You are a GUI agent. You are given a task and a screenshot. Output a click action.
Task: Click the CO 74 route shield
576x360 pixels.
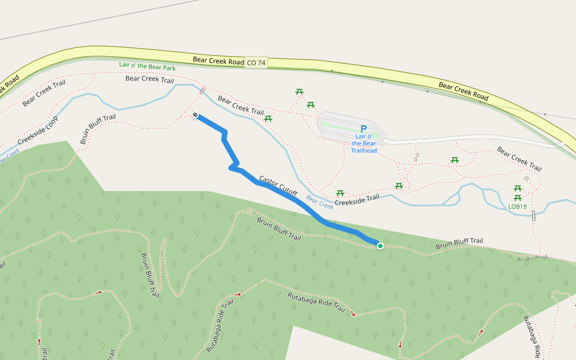click(256, 62)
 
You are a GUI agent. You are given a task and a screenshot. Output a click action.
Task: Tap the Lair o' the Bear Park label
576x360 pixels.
click(147, 67)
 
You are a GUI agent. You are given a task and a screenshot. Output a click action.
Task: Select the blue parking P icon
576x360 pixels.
click(363, 129)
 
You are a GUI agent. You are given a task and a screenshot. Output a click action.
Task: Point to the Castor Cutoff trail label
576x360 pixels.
click(278, 187)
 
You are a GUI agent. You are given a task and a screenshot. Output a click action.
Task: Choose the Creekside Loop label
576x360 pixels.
click(37, 131)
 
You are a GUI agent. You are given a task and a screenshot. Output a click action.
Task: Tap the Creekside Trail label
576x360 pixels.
click(357, 199)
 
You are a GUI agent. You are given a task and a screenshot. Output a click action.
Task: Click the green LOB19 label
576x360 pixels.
click(517, 207)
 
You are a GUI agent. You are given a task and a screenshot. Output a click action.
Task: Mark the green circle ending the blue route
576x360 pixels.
click(380, 245)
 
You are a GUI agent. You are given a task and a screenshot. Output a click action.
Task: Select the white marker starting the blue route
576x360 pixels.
click(196, 115)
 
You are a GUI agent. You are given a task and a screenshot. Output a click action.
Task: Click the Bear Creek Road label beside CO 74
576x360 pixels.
click(218, 61)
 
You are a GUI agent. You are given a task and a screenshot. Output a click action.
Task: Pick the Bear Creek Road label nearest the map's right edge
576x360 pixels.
click(464, 90)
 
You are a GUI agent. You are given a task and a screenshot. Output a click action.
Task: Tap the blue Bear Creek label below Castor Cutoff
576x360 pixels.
click(319, 203)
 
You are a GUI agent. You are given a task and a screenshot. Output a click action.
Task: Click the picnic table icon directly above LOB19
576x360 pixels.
click(517, 197)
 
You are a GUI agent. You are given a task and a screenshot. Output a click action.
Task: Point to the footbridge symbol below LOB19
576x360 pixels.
click(533, 216)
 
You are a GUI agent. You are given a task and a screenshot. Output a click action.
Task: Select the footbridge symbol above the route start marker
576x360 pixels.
click(202, 92)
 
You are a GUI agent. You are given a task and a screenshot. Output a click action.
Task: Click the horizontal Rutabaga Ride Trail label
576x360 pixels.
click(316, 302)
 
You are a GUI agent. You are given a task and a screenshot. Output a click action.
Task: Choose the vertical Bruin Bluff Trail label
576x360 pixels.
click(149, 275)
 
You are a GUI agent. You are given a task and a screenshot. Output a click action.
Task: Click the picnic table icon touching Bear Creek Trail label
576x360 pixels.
click(268, 119)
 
